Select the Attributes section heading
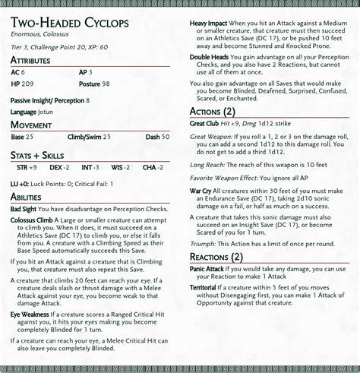(x=31, y=60)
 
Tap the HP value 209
(x=27, y=84)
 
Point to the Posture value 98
(x=105, y=84)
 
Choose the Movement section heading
(x=31, y=124)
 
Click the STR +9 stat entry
(x=27, y=167)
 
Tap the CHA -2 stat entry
(x=154, y=167)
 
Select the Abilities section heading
(x=26, y=196)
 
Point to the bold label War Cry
(x=201, y=192)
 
